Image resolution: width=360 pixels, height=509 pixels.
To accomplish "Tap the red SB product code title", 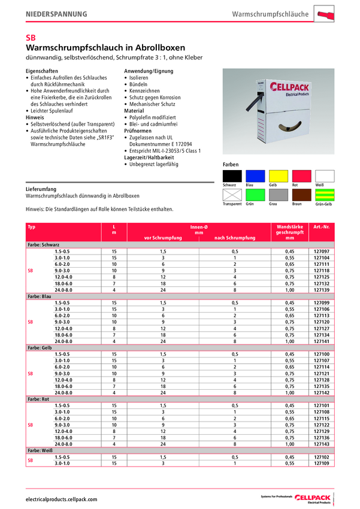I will (31, 37).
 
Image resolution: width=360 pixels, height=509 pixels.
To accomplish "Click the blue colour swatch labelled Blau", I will (255, 176).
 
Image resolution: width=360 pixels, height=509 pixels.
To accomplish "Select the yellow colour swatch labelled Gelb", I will (278, 176).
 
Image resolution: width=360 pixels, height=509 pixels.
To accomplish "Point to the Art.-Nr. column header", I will (322, 227).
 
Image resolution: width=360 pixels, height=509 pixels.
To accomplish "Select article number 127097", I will (322, 252).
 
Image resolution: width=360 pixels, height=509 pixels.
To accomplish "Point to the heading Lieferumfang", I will (41, 189).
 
